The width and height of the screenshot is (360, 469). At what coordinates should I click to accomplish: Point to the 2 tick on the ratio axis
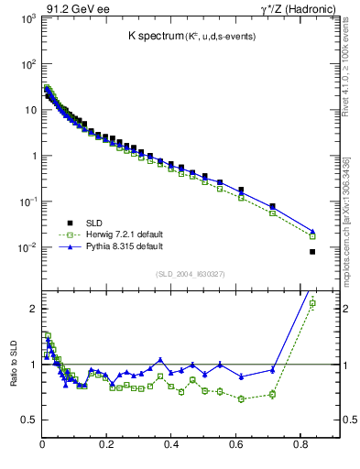pos(33,309)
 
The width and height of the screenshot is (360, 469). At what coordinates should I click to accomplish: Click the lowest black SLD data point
pos(312,252)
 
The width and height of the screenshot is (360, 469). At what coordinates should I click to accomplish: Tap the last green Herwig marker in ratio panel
pos(312,303)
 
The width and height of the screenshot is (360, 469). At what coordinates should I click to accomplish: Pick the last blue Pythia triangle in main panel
pos(312,232)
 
